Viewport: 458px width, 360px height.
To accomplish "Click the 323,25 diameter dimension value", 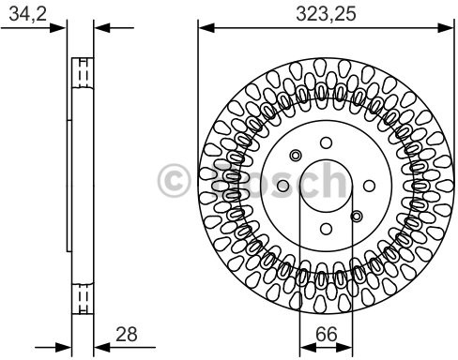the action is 326,14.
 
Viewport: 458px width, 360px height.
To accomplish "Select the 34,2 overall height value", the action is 27,14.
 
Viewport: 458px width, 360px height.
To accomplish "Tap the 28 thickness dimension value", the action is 127,334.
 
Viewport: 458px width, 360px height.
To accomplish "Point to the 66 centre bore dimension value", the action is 327,334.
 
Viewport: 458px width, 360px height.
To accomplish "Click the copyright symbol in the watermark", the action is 174,180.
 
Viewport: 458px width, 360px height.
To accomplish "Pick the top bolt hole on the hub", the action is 326,142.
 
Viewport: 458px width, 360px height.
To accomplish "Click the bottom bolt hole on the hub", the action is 326,229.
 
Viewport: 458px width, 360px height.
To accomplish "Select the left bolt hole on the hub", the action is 283,186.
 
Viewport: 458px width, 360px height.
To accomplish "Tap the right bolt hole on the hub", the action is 369,186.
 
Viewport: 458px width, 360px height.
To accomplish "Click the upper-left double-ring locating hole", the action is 296,156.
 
